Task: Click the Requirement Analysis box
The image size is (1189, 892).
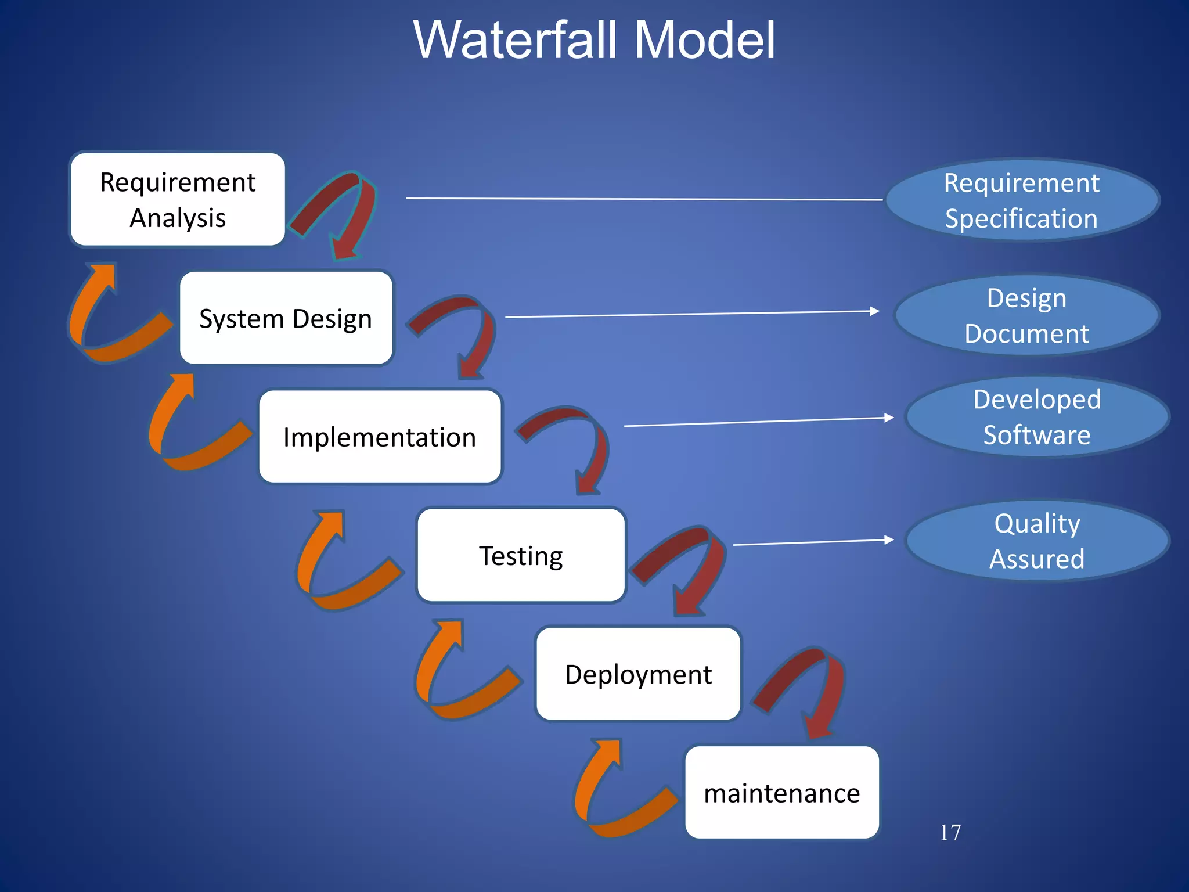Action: [x=178, y=199]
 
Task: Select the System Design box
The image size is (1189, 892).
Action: [x=286, y=318]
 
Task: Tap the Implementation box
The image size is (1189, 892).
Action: [x=380, y=437]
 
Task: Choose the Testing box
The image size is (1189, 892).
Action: [x=521, y=555]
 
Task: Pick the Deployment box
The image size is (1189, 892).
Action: [x=638, y=674]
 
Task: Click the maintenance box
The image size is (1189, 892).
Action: [x=781, y=793]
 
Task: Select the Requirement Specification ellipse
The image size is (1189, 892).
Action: [x=1022, y=200]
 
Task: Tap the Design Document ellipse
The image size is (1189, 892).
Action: [x=1026, y=315]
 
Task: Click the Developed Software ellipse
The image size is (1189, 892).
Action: [x=1037, y=416]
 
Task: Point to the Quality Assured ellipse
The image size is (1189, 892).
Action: [x=1037, y=541]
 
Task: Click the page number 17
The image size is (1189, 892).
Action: [x=950, y=832]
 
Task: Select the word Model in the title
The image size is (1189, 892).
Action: [x=704, y=41]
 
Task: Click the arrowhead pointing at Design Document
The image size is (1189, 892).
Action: [x=874, y=311]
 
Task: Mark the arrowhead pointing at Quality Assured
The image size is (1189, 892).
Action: [x=888, y=540]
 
